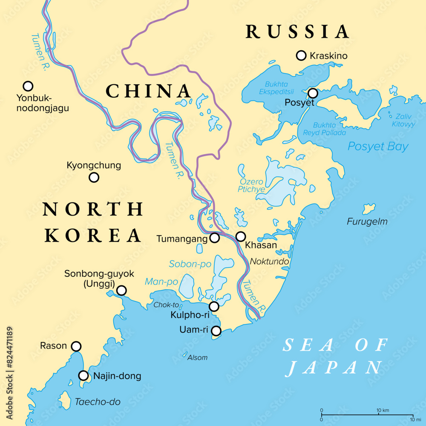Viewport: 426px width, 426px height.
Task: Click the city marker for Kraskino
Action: pos(301,55)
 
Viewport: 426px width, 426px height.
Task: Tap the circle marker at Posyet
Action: pos(313,93)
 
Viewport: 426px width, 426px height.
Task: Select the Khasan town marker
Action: pos(241,236)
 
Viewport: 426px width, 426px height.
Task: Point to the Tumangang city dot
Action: pos(215,238)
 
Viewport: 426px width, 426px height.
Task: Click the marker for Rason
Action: pos(76,346)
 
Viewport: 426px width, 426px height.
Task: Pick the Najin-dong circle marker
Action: pos(84,376)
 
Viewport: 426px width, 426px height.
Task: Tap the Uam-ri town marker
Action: pos(216,331)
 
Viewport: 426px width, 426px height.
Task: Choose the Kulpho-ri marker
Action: pos(214,306)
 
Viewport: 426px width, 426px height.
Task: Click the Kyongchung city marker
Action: pos(94,178)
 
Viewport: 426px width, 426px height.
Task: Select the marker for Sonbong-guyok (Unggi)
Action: pos(121,291)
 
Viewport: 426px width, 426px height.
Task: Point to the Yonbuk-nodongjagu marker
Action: pos(28,86)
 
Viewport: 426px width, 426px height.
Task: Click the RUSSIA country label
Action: pos(297,32)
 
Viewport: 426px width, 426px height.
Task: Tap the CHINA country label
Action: pos(148,91)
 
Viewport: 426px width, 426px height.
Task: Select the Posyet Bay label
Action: pos(378,147)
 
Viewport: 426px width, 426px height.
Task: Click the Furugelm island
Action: pos(368,209)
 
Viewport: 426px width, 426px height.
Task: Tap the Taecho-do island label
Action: pos(98,402)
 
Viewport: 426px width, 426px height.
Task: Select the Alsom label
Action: pos(198,357)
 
